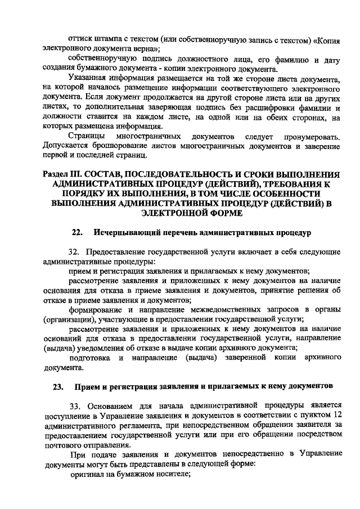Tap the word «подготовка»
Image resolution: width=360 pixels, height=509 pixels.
90,358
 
